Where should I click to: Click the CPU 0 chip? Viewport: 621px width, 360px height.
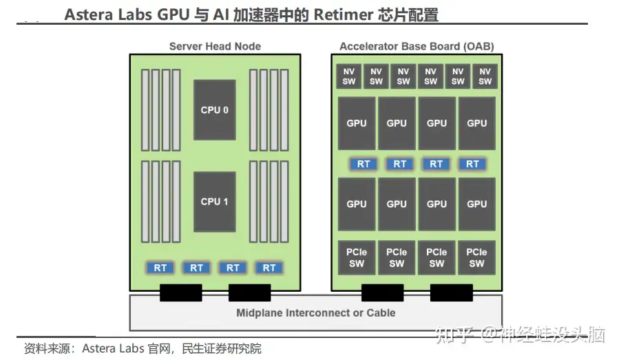coord(215,109)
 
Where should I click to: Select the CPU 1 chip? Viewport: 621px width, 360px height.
coord(215,202)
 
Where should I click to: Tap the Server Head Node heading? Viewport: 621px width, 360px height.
coord(215,46)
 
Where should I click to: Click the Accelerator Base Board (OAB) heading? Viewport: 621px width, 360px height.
coord(417,46)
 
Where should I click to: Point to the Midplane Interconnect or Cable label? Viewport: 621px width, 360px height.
coord(315,313)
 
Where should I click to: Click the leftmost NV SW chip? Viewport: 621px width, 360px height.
coord(348,76)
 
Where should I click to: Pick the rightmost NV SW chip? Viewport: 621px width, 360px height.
coord(485,76)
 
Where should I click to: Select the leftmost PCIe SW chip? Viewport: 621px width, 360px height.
coord(357,257)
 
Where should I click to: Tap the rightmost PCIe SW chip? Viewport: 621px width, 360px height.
coord(476,257)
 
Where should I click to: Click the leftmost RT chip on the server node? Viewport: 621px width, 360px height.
coord(160,268)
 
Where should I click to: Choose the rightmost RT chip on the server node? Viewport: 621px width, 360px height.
coord(269,268)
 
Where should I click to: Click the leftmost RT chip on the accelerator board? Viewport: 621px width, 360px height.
coord(364,164)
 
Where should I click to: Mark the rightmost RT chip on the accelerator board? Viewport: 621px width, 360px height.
coord(472,164)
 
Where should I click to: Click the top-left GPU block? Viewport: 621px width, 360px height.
coord(357,123)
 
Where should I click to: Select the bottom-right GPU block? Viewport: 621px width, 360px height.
coord(476,204)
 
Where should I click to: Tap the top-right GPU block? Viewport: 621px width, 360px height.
coord(476,123)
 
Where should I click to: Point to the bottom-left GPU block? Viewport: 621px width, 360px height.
coord(357,204)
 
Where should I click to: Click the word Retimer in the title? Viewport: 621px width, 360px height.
coord(344,14)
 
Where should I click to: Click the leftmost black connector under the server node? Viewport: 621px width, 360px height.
coord(180,293)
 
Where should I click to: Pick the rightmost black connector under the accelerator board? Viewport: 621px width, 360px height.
coord(452,293)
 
